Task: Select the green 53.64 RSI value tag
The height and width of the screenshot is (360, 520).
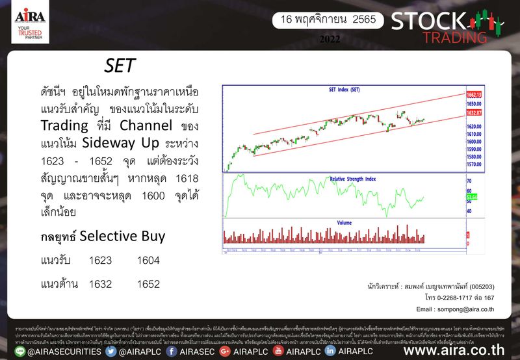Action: (472, 195)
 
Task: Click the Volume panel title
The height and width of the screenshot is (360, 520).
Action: (344, 223)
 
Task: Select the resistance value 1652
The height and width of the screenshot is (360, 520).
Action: (148, 284)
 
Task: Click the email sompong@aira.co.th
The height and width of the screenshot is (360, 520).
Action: (456, 309)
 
